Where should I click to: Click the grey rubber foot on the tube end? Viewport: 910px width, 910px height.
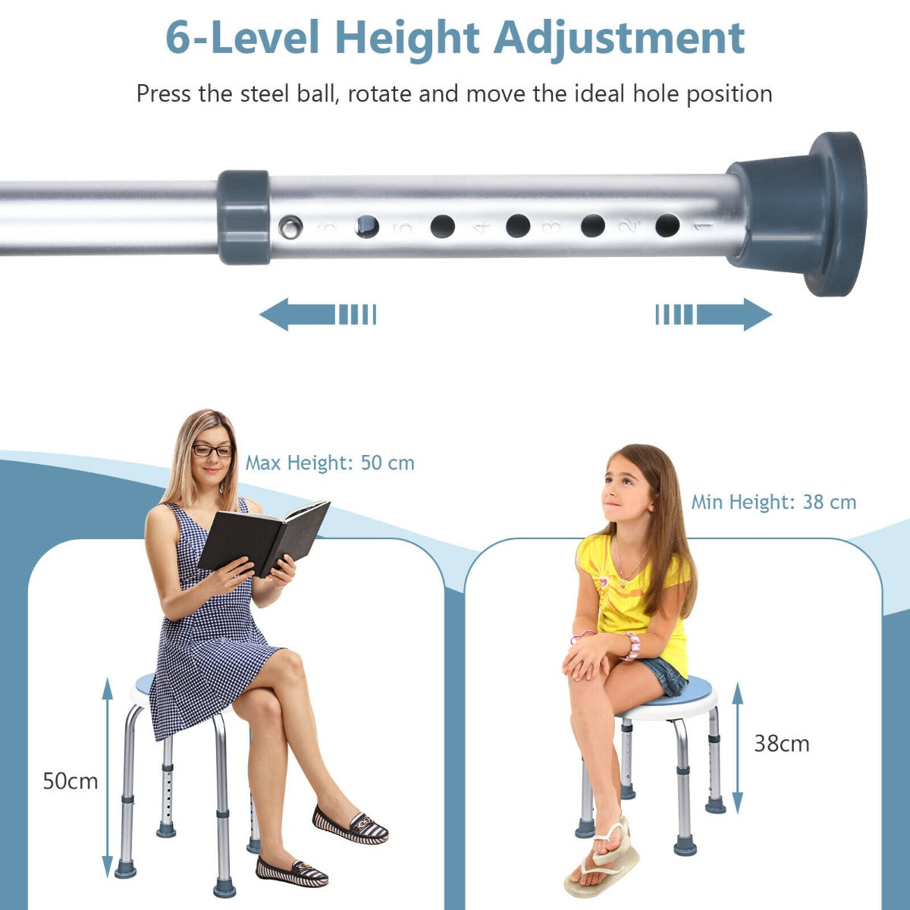coord(804,214)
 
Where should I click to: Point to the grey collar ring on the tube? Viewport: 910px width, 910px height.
coord(244,217)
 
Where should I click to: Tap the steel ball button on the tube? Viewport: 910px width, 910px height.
coord(289,224)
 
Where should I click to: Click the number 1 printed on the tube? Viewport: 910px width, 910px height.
coord(702,226)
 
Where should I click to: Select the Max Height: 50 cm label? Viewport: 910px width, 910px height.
coord(330,463)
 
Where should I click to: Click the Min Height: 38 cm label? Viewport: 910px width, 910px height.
coord(773,502)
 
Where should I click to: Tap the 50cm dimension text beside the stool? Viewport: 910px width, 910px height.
coord(71,781)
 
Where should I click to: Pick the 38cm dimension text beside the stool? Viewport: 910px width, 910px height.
coord(781,744)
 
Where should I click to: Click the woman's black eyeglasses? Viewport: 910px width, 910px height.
coord(212,450)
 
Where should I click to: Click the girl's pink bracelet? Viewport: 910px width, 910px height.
coord(632,645)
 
